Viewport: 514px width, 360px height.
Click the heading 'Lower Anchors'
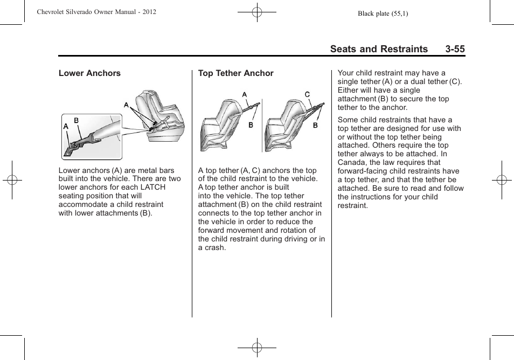(x=89, y=73)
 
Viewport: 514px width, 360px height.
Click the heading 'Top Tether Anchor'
(x=235, y=73)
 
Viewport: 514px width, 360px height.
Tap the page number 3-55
(x=455, y=49)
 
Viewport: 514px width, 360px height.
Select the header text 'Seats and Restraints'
(x=379, y=49)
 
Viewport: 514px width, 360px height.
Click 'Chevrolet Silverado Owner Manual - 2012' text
(x=96, y=12)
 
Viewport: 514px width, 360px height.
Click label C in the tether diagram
(x=307, y=95)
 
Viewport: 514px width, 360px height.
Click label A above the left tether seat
(x=244, y=95)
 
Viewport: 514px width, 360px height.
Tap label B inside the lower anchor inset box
(x=77, y=121)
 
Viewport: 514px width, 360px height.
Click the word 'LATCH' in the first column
(x=152, y=187)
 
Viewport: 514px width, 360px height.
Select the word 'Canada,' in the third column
(x=351, y=162)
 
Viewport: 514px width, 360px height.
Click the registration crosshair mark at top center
(x=257, y=11)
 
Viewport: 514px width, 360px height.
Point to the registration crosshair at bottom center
(x=257, y=348)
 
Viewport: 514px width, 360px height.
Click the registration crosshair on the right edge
(x=502, y=180)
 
